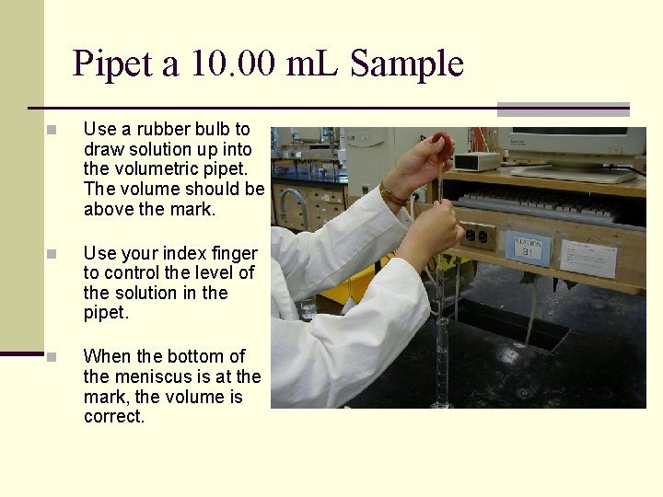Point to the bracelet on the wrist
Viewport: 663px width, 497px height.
[393, 195]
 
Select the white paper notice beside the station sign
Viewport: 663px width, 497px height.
[587, 257]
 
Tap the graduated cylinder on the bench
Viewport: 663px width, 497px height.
[442, 364]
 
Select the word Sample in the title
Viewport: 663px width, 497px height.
[406, 64]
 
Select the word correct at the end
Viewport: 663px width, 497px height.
[114, 416]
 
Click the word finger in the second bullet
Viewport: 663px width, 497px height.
[235, 253]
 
